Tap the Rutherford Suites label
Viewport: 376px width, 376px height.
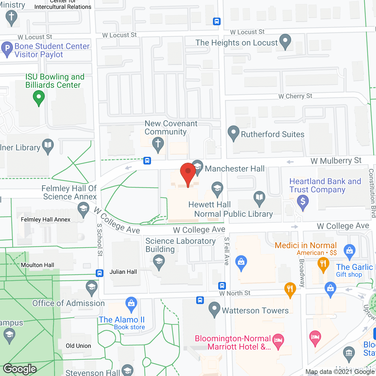pyautogui.click(x=272, y=134)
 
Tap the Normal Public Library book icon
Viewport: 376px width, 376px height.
pyautogui.click(x=259, y=198)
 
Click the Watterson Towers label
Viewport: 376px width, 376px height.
pyautogui.click(x=255, y=310)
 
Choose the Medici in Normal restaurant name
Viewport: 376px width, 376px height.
pyautogui.click(x=305, y=245)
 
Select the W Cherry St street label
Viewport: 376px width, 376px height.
pyautogui.click(x=295, y=96)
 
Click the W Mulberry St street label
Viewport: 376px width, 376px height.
pyautogui.click(x=336, y=161)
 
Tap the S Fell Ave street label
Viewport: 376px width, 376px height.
pyautogui.click(x=226, y=251)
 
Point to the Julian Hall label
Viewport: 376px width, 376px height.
pyautogui.click(x=123, y=272)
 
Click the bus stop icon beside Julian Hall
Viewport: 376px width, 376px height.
pyautogui.click(x=100, y=273)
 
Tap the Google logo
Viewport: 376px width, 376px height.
pyautogui.click(x=20, y=369)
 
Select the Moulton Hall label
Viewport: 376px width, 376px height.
pyautogui.click(x=38, y=265)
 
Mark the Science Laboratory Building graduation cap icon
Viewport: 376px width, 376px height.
pyautogui.click(x=159, y=261)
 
